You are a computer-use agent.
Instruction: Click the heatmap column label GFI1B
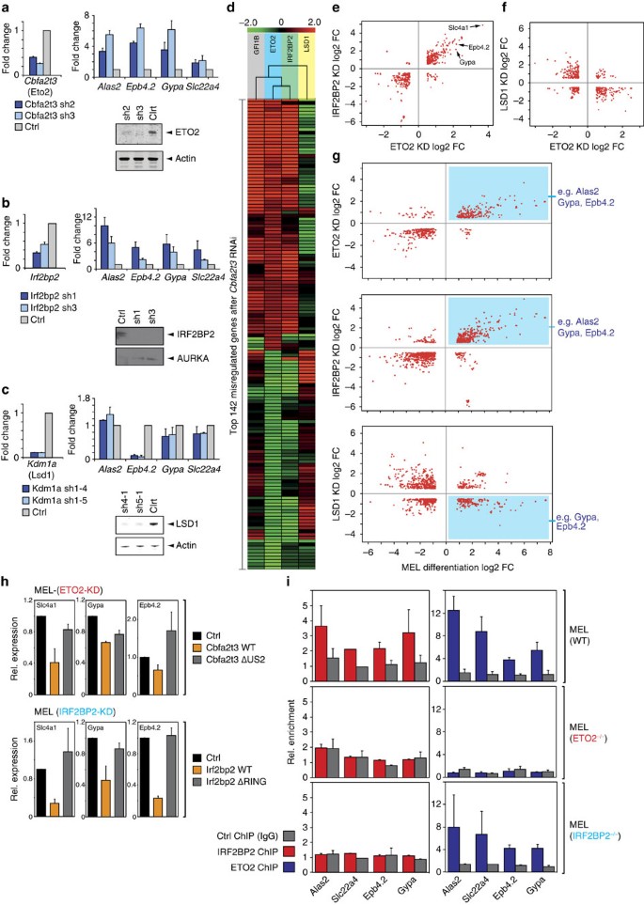(256, 42)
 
